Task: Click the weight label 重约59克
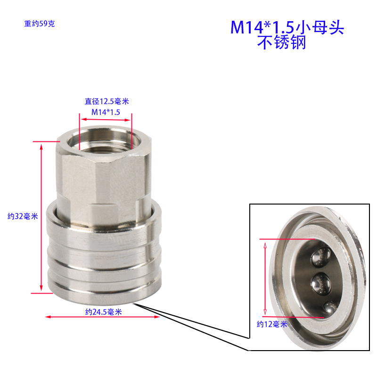(x=40, y=24)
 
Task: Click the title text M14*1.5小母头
(x=287, y=28)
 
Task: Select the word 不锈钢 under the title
(x=281, y=43)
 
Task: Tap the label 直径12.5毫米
(x=107, y=101)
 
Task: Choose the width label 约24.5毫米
(x=104, y=311)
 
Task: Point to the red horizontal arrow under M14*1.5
(x=106, y=120)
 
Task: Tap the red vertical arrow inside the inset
(x=265, y=278)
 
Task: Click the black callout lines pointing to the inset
(x=188, y=325)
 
